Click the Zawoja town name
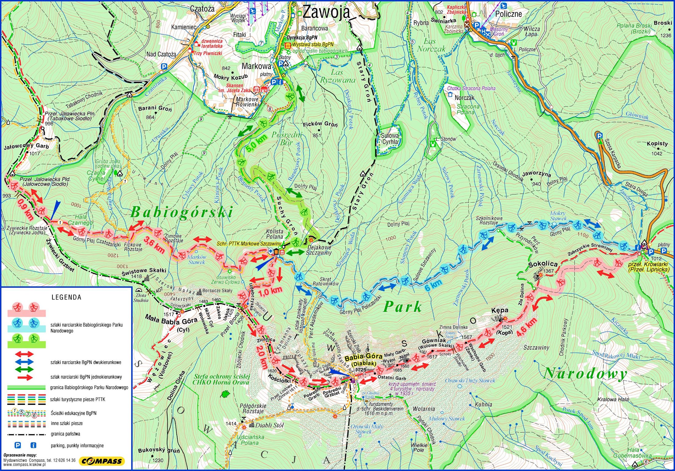(x=326, y=12)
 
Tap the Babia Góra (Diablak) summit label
(x=364, y=360)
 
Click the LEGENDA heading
(x=66, y=297)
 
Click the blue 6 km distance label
(x=433, y=286)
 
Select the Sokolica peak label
(x=543, y=264)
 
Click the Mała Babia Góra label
(x=171, y=322)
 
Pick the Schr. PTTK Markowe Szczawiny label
(x=249, y=244)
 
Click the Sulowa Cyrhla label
(x=390, y=139)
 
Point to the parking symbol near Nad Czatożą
(x=164, y=66)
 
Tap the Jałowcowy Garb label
(x=26, y=146)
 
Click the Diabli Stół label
(x=269, y=426)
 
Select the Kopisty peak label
(x=657, y=143)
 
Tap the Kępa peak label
(x=500, y=310)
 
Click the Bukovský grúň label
(x=159, y=451)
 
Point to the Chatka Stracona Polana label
(x=471, y=88)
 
